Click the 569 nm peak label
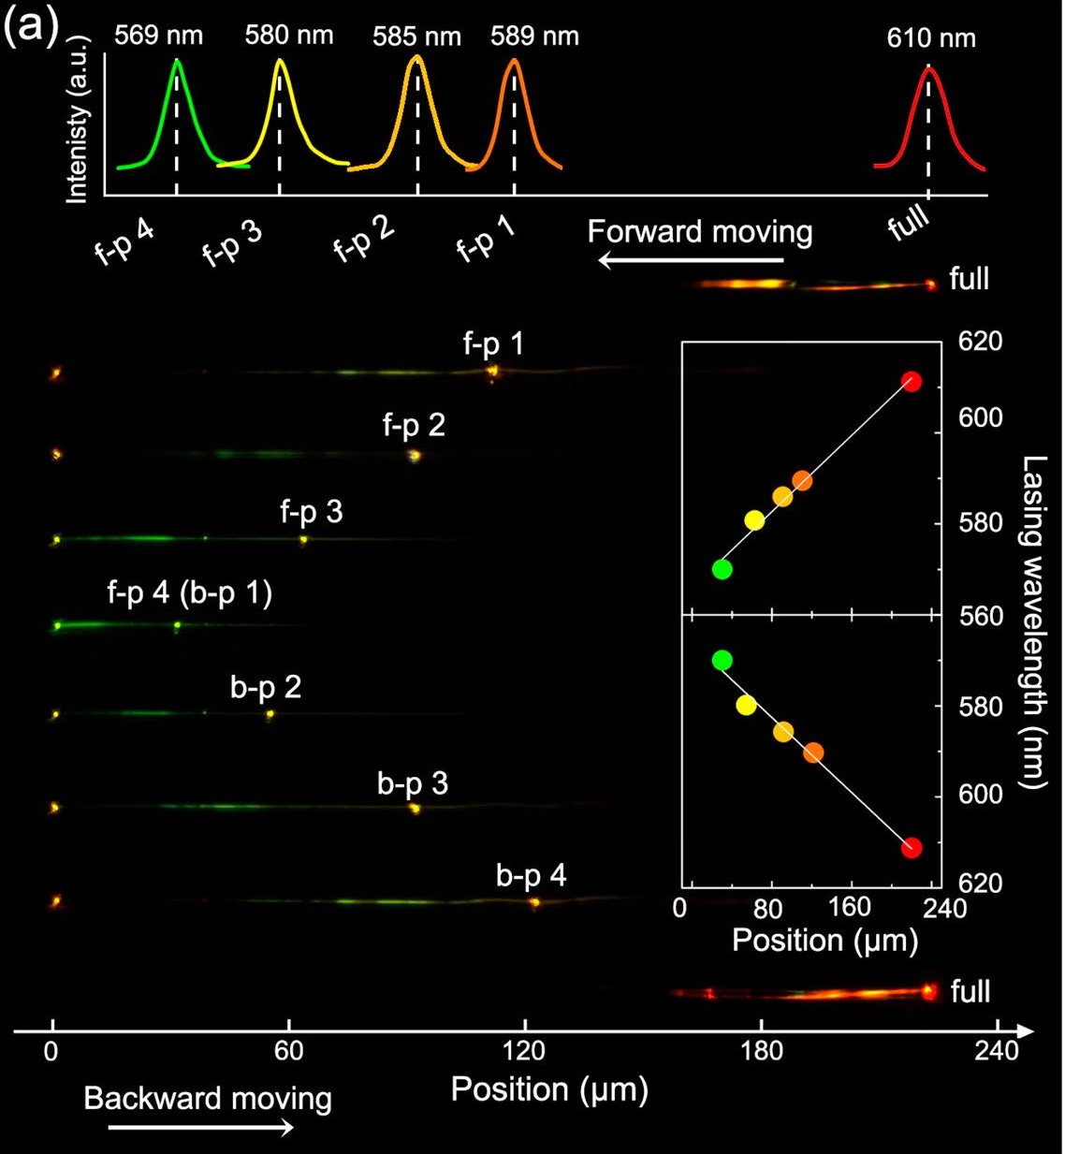click(158, 37)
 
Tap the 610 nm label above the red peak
click(931, 38)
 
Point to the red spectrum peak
click(928, 70)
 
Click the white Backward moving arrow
click(201, 1128)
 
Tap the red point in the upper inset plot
click(912, 381)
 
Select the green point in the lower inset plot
click(722, 660)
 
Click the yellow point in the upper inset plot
click(754, 520)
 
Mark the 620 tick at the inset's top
click(981, 342)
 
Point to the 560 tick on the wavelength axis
click(981, 616)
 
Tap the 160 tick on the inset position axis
click(851, 909)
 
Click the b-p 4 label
click(531, 876)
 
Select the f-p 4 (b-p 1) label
click(190, 593)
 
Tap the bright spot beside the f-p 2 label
click(415, 456)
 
